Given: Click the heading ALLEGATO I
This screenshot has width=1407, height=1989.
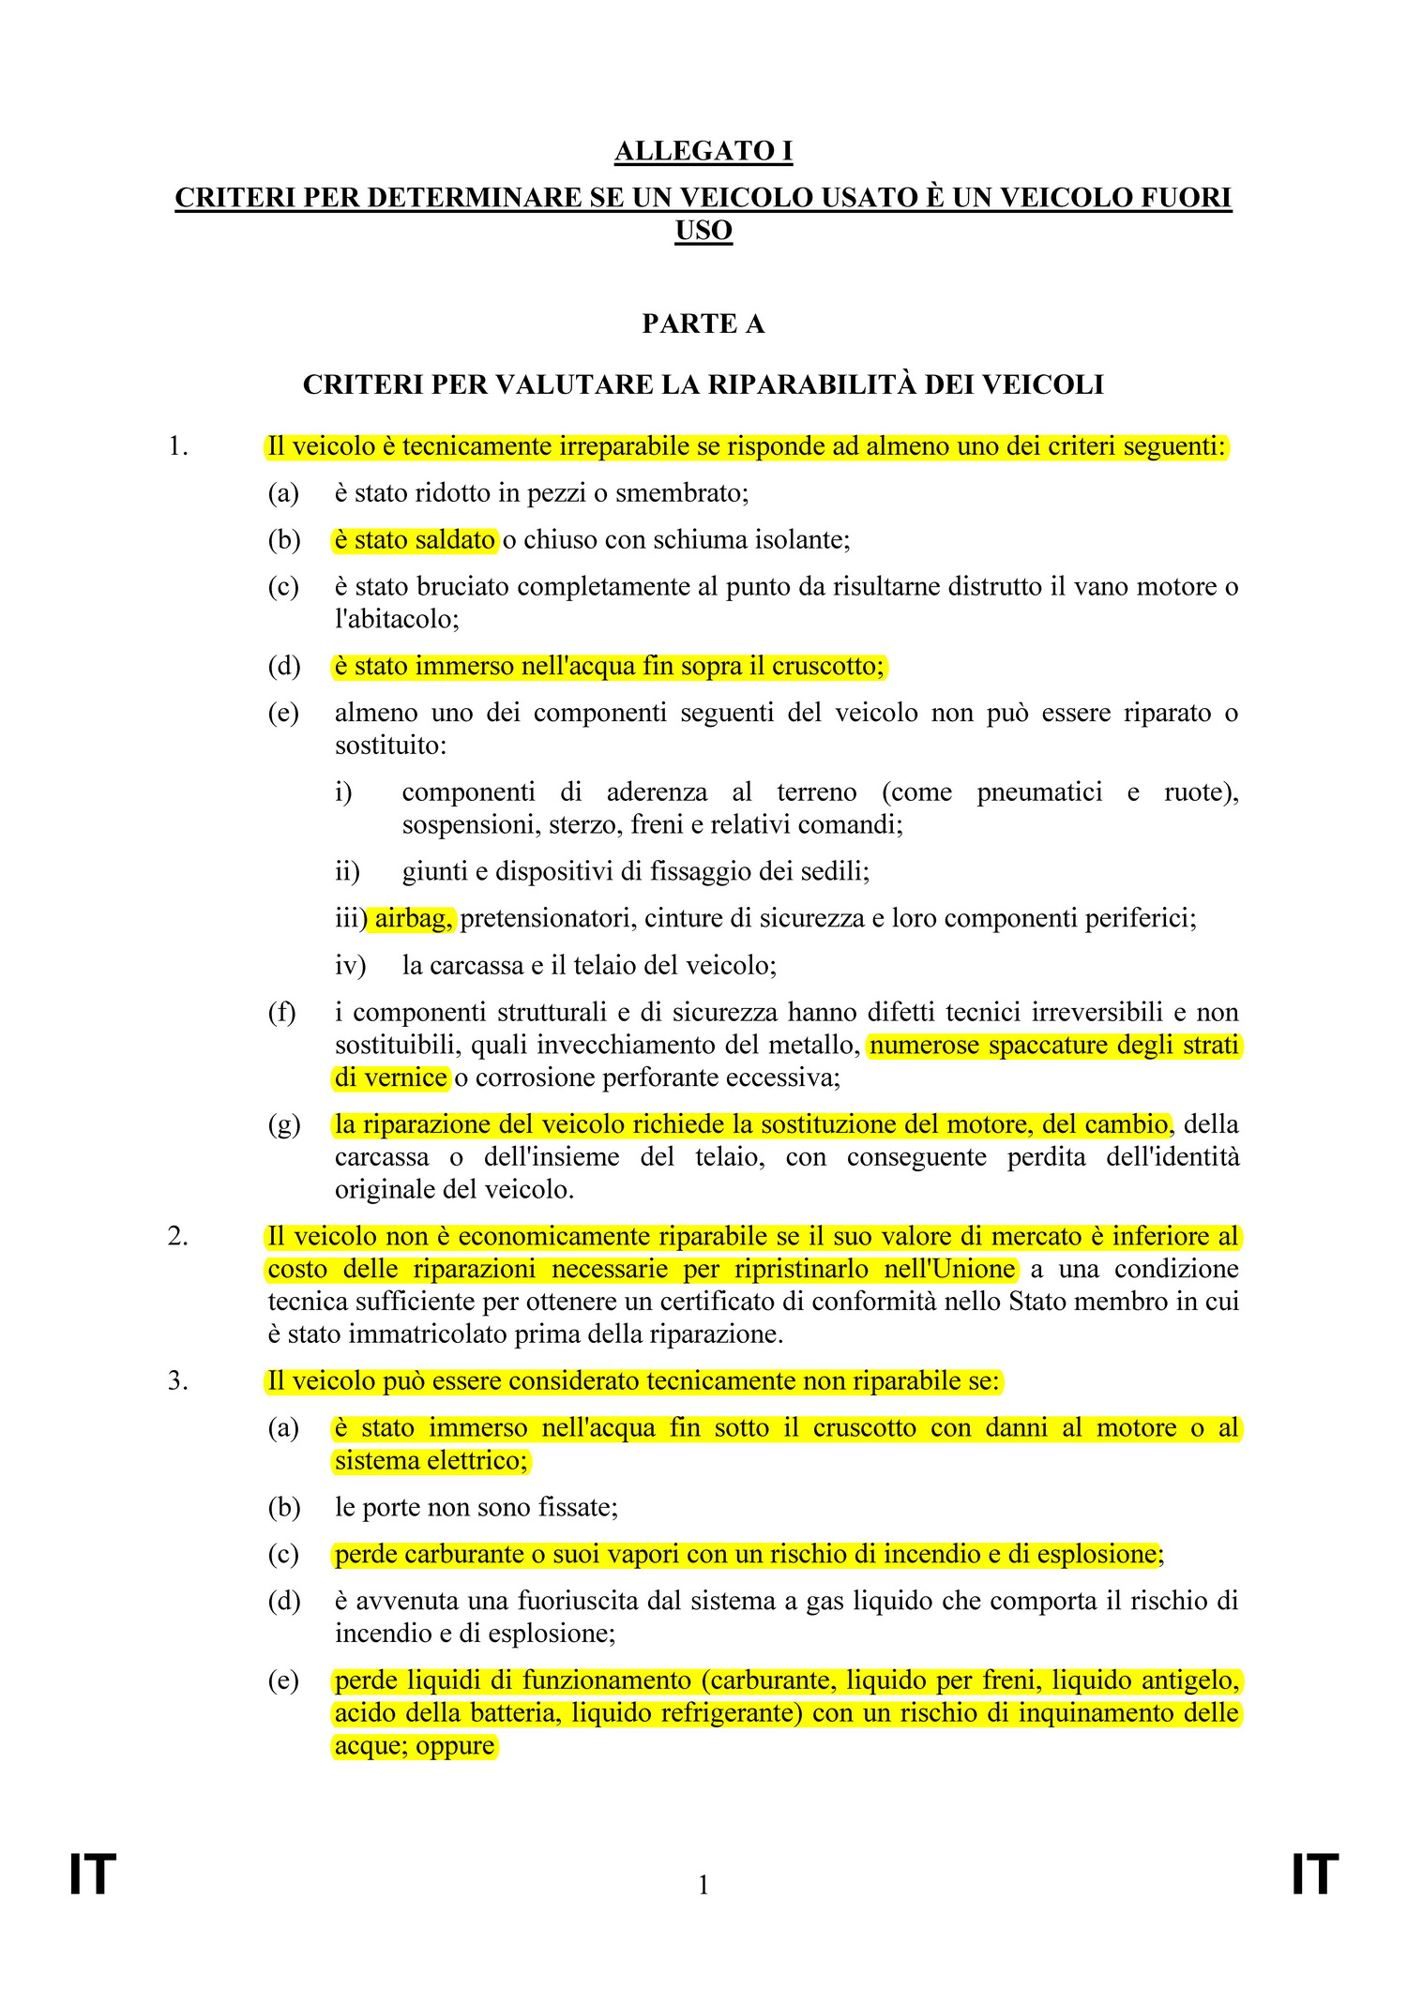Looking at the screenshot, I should [703, 151].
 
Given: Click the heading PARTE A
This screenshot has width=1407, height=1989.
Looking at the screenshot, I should [703, 324].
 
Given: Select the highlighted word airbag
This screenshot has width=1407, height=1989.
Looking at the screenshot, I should [414, 918].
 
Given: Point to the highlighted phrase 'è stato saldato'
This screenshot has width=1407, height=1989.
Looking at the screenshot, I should [415, 539].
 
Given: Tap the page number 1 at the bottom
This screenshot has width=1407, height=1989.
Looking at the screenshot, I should [703, 1884].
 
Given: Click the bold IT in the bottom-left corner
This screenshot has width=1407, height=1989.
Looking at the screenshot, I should [93, 1876].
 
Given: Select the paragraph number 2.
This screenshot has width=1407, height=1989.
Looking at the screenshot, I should [178, 1237].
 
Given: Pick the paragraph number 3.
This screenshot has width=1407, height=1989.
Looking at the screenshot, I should [178, 1381].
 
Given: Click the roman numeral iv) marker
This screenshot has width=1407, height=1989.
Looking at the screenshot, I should [350, 965].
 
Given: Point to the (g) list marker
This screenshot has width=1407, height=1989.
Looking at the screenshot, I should [283, 1124].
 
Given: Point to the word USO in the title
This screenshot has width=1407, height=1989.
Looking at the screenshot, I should [703, 231].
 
